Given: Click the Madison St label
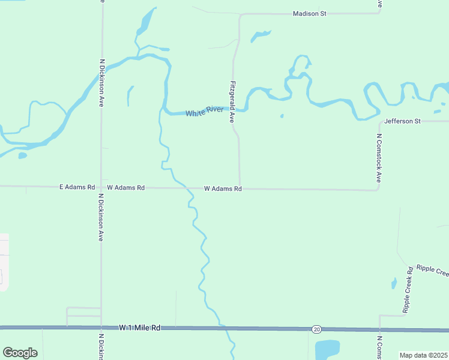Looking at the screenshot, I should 309,13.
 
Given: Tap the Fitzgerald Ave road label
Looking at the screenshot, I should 231,102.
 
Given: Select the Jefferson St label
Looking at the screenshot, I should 402,121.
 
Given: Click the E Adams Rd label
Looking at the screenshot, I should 77,187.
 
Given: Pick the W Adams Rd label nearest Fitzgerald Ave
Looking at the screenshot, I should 223,188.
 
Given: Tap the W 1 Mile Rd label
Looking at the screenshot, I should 140,328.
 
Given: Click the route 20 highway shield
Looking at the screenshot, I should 316,329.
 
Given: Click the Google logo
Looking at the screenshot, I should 20,353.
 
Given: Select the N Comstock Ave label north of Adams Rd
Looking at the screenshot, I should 379,157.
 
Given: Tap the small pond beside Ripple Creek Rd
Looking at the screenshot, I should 394,283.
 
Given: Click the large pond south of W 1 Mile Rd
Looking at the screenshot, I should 327,349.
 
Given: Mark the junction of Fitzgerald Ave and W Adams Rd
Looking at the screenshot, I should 240,188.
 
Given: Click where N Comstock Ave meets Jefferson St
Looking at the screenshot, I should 379,121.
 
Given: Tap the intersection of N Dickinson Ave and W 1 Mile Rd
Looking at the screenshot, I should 101,328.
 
